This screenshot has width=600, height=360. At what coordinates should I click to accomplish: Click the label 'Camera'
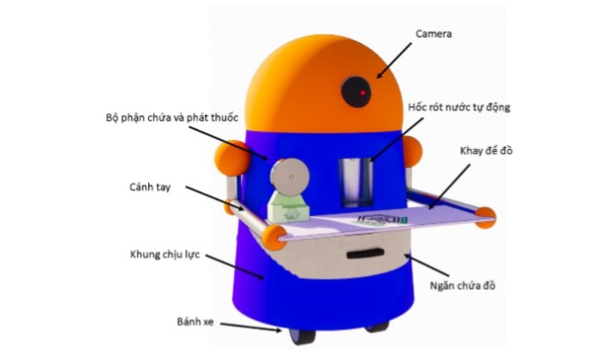click(x=433, y=35)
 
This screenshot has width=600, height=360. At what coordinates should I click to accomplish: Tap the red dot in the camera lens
click(x=363, y=93)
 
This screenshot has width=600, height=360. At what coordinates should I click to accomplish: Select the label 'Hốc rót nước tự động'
click(x=459, y=108)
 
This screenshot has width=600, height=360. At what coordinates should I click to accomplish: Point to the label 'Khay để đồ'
click(x=486, y=151)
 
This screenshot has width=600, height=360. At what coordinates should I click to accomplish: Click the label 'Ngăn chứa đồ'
click(x=462, y=286)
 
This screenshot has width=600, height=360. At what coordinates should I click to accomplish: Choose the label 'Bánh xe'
click(x=195, y=322)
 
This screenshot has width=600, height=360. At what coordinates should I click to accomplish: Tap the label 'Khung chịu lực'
click(x=165, y=254)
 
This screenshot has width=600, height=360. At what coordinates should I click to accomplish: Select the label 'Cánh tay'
click(x=150, y=187)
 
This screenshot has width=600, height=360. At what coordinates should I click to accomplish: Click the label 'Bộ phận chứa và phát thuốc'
click(x=172, y=117)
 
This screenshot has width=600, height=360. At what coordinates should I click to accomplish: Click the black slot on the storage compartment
click(x=365, y=253)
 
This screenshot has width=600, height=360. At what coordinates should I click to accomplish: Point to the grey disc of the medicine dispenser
click(x=290, y=178)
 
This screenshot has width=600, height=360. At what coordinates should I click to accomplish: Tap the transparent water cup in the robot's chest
click(x=356, y=182)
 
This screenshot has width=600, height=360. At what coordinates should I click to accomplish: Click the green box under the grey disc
click(x=288, y=208)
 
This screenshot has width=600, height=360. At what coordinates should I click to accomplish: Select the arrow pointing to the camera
click(x=394, y=60)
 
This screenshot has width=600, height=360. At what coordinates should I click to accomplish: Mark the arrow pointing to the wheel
click(x=251, y=327)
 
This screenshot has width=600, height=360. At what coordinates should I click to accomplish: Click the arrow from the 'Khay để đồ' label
click(x=450, y=186)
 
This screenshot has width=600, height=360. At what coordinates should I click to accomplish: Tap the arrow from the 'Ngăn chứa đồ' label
click(x=427, y=264)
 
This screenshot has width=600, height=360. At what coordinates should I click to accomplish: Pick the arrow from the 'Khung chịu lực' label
click(x=235, y=266)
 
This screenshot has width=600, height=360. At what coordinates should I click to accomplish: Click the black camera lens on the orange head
click(x=356, y=92)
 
